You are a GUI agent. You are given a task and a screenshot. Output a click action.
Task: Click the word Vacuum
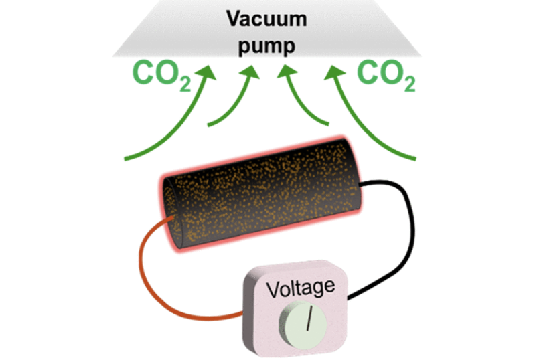[x=266, y=17]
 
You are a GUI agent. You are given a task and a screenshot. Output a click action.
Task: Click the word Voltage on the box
[x=300, y=289]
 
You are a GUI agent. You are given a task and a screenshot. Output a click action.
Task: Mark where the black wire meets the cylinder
[x=365, y=182]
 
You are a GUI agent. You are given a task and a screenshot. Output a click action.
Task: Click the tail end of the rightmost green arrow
[x=415, y=159]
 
